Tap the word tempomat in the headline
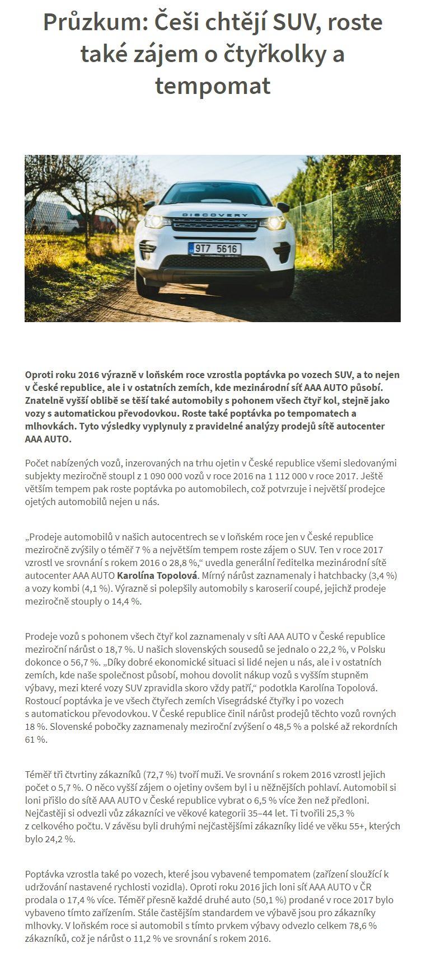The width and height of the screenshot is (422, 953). coord(213,86)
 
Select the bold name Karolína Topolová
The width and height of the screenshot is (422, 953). coord(157,575)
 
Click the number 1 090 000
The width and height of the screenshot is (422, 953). coord(166,476)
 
